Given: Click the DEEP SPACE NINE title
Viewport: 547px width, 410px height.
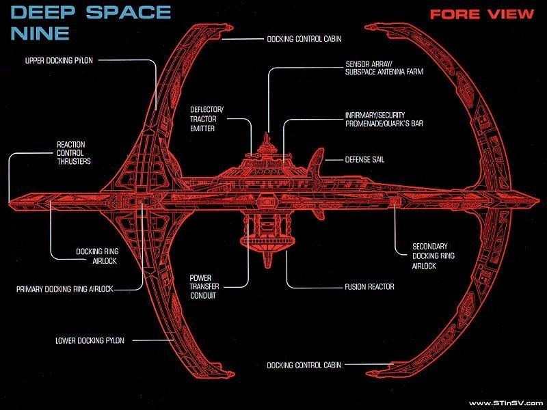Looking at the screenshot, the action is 90,23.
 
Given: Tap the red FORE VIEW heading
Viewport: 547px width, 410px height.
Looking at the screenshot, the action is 482,14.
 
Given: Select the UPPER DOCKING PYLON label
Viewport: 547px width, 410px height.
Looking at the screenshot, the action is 59,61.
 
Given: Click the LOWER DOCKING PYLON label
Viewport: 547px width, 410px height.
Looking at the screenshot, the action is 90,340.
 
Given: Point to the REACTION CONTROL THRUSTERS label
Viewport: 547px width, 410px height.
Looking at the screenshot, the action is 74,152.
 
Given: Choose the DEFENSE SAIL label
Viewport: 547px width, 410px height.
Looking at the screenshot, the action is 364,160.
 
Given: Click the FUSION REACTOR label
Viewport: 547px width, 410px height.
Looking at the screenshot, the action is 369,287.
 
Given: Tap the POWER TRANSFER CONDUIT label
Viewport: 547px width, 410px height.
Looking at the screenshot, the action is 204,286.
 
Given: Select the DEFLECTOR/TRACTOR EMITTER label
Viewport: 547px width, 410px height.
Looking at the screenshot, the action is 206,119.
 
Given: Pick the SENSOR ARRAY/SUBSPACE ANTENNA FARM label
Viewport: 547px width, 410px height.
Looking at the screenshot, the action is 384,68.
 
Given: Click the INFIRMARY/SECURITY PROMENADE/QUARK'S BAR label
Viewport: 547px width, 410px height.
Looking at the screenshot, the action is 384,119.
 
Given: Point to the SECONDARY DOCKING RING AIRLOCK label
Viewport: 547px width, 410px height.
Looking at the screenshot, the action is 433,256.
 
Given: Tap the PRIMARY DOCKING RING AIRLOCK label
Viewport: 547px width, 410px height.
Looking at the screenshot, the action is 65,289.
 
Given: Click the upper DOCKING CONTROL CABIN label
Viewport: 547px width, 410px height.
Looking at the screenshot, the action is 304,39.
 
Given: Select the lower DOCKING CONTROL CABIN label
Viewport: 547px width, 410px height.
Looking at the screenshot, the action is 304,365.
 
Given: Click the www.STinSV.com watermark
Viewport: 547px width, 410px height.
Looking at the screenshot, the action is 506,403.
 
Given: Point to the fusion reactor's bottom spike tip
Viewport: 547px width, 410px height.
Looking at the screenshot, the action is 267,267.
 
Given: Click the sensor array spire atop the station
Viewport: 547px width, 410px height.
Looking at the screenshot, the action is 267,139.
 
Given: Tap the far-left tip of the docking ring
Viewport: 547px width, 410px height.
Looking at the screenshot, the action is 10,202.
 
